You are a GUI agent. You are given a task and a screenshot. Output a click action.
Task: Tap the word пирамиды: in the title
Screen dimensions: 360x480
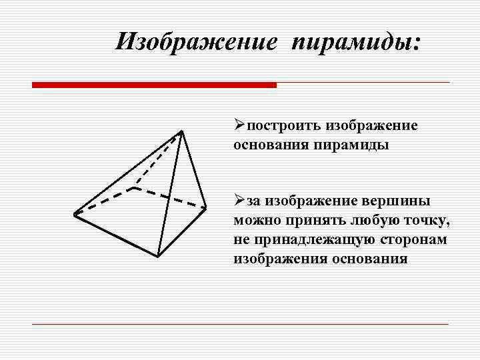coord(356,43)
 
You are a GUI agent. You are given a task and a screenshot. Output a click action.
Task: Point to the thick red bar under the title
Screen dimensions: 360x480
coord(154,85)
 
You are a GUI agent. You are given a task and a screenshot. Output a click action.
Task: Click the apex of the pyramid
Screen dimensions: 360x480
coord(181,131)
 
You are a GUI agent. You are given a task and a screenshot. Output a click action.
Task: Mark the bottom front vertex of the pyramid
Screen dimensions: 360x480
coord(157,256)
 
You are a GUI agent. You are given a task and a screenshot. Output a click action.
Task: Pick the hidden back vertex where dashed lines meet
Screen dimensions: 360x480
coord(135,187)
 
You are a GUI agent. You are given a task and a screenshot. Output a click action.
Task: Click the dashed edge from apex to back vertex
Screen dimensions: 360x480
coord(159,159)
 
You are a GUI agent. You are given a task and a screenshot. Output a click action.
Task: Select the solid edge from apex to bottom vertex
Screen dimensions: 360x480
coord(169,193)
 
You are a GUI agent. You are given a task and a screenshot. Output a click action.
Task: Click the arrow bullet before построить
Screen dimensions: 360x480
coord(240,126)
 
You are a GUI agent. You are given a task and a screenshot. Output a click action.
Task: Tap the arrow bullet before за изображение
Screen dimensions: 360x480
coord(240,201)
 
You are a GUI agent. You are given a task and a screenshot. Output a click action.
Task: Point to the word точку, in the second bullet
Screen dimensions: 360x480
coord(431,221)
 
